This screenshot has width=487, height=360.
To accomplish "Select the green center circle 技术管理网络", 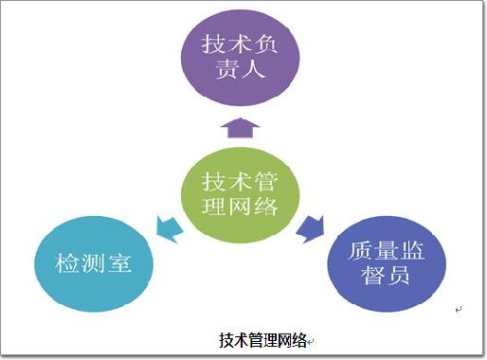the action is click(240, 195).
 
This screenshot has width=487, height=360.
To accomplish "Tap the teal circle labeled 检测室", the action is click(94, 263).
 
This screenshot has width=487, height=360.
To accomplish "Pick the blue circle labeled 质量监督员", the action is click(387, 263).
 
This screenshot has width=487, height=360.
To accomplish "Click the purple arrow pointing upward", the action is click(240, 128).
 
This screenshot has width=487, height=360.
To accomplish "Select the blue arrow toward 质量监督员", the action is click(311, 229).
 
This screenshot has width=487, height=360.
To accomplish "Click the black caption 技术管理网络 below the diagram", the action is click(262, 340).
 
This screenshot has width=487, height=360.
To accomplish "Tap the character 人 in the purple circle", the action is click(253, 68).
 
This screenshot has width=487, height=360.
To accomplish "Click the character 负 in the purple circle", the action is click(265, 44).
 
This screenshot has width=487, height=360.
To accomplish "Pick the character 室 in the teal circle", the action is click(119, 263).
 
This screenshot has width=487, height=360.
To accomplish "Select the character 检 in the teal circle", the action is click(67, 263).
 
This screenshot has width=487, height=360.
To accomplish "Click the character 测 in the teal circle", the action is click(94, 263).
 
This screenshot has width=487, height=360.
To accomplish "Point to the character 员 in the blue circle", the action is click(399, 275).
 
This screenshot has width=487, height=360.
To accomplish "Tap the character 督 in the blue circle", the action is click(374, 275).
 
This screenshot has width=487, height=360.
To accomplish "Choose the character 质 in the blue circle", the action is click(361, 250).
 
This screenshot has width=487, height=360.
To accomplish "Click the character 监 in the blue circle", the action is click(412, 250).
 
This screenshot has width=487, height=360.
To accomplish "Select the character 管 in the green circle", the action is click(265, 182).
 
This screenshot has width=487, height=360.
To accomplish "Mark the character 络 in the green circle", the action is click(265, 206).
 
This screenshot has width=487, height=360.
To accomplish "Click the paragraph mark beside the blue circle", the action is click(459, 310).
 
